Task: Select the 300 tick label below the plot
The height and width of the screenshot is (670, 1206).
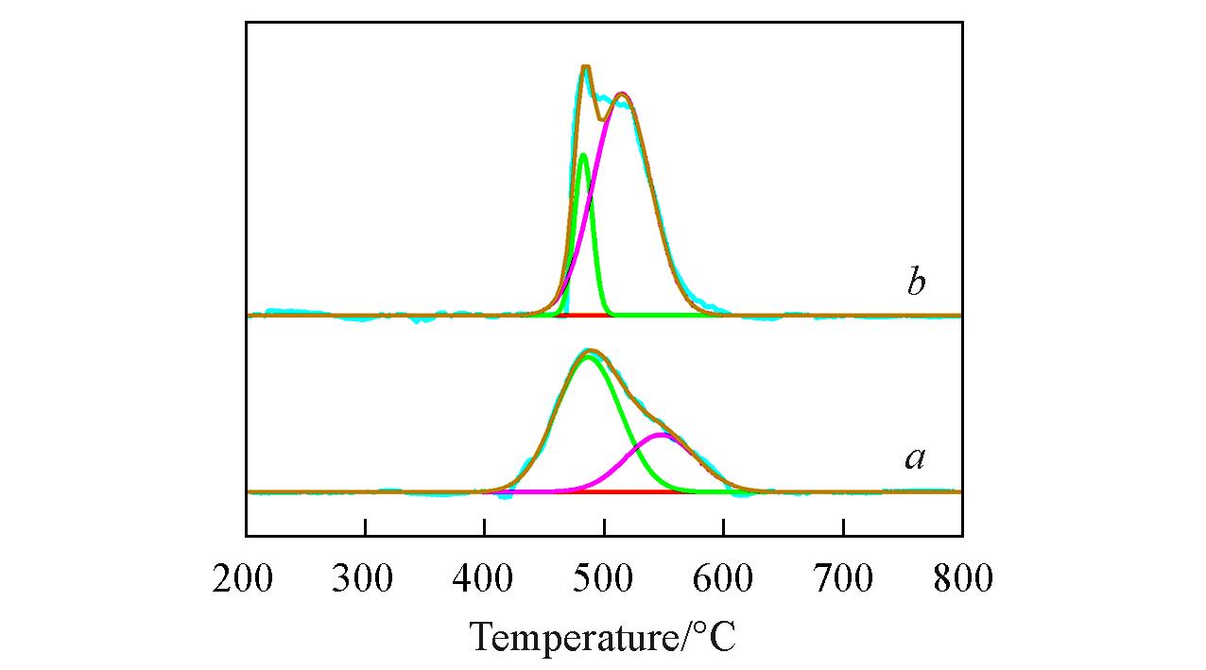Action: click(363, 577)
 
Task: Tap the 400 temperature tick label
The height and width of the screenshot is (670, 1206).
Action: click(483, 577)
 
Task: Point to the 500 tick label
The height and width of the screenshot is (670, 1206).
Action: click(603, 577)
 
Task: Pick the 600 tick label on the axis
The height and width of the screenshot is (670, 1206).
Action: click(723, 577)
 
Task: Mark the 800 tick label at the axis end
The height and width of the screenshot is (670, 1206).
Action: click(962, 577)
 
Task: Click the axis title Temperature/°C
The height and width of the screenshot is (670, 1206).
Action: click(603, 637)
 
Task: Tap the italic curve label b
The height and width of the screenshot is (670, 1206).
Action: click(915, 283)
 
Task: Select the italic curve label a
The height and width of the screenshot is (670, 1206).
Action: click(914, 458)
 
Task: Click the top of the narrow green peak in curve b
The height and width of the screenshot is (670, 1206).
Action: click(583, 155)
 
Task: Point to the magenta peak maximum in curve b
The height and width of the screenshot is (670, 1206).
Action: click(621, 94)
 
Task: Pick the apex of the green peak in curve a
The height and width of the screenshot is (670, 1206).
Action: click(589, 357)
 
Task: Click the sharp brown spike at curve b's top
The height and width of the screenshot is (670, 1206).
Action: click(586, 67)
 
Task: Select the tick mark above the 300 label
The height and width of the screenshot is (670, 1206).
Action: click(366, 527)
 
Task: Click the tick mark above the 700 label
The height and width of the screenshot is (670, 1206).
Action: click(844, 527)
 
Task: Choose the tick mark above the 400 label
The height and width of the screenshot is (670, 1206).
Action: click(485, 527)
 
